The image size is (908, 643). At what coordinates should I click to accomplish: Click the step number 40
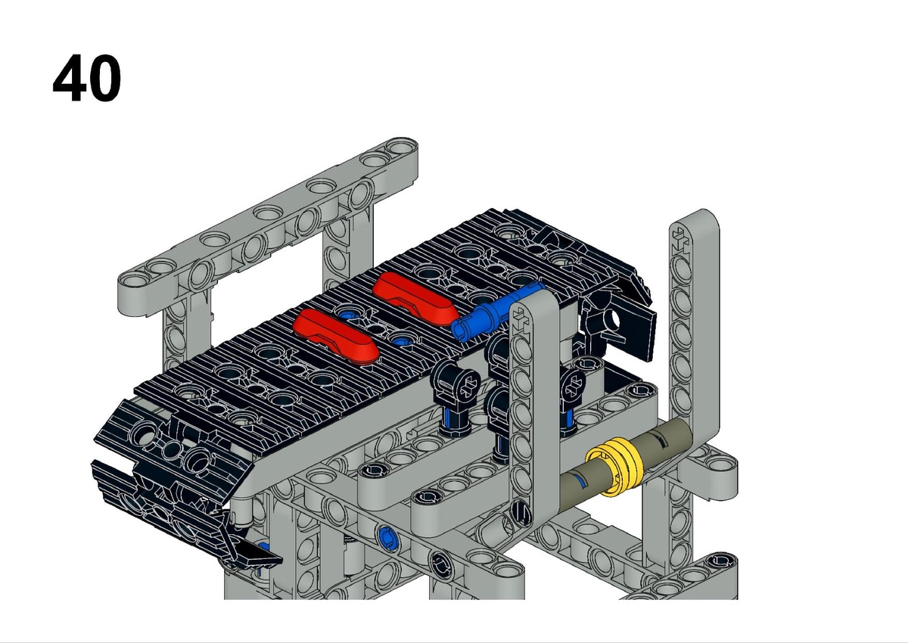coord(87,78)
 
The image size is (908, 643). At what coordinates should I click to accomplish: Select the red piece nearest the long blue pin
coord(415,298)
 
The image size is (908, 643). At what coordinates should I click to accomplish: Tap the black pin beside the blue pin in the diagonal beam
coord(441,564)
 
